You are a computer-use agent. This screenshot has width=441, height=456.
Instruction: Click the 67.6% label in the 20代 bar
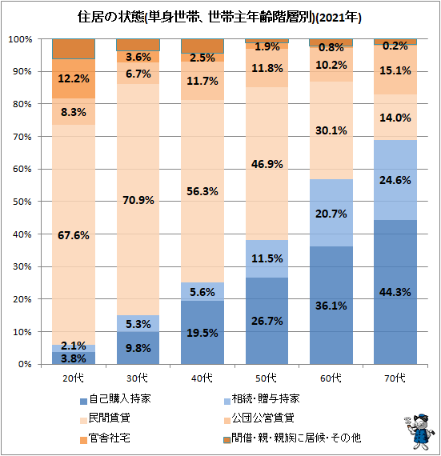(x=74, y=235)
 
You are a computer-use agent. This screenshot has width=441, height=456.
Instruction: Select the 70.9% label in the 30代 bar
(x=138, y=200)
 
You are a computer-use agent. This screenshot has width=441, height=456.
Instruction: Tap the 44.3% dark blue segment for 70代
(x=395, y=292)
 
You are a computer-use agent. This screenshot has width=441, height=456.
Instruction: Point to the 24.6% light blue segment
(x=395, y=180)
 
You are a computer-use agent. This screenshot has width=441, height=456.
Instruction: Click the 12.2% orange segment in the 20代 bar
(x=74, y=79)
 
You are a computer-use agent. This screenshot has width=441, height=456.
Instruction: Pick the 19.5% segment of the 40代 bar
(x=202, y=333)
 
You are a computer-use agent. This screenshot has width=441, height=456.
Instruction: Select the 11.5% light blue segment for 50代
(x=267, y=259)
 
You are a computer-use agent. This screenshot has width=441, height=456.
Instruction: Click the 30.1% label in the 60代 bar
(x=331, y=130)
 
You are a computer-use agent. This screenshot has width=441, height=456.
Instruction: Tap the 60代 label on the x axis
(x=331, y=378)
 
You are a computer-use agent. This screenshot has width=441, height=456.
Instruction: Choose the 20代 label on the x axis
(x=74, y=378)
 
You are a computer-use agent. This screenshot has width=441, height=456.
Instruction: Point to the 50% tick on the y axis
(x=22, y=202)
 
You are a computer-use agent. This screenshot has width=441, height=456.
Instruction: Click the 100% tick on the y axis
(x=20, y=39)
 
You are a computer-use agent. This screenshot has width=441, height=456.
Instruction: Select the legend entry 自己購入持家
(x=115, y=399)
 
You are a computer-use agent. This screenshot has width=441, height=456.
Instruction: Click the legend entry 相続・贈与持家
(x=262, y=399)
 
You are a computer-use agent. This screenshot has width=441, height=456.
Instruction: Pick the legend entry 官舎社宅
(x=105, y=438)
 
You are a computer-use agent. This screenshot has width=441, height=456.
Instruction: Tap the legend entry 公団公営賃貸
(x=259, y=418)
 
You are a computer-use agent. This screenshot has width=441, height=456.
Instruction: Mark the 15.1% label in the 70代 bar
(x=395, y=70)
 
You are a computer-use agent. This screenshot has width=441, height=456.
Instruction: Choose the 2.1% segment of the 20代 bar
(x=74, y=348)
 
